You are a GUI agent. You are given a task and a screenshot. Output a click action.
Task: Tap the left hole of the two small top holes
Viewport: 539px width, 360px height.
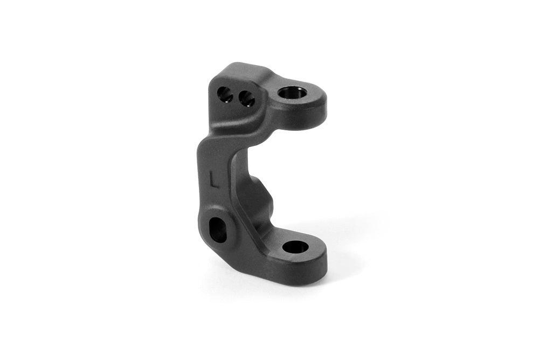(x=225, y=95)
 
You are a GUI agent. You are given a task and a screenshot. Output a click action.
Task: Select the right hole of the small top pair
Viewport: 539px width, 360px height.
(x=246, y=99)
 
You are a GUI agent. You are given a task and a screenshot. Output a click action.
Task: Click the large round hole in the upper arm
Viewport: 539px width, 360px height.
(x=293, y=93)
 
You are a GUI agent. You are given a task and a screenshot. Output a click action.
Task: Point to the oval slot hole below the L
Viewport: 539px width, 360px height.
(x=218, y=230)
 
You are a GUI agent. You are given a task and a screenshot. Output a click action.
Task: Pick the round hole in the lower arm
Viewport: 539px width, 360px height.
(x=295, y=247)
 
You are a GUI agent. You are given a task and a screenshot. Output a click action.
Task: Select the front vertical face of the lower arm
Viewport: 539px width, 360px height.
(x=291, y=272)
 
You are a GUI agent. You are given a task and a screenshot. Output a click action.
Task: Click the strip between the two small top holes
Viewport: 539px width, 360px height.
(x=236, y=97)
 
